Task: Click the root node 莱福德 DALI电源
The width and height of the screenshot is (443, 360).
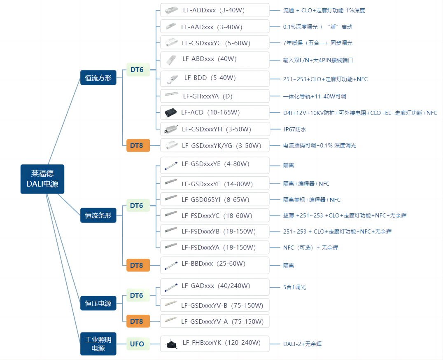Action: (42, 179)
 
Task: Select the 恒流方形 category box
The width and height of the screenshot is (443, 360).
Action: (98, 77)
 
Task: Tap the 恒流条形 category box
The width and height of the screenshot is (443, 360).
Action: (98, 215)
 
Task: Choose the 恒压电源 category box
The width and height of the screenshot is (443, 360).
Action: (98, 303)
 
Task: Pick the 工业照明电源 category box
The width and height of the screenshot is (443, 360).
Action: (98, 344)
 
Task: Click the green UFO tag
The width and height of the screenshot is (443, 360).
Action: (137, 344)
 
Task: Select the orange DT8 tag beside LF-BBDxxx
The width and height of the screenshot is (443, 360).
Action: (138, 265)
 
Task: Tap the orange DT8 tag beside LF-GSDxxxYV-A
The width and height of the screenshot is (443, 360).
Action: (138, 321)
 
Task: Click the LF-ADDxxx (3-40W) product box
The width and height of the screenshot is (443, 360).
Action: (215, 10)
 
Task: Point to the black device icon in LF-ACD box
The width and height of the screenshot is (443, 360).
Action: (170, 112)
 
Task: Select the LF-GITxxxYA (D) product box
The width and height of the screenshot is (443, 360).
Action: (215, 96)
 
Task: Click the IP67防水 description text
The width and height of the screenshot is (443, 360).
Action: (294, 129)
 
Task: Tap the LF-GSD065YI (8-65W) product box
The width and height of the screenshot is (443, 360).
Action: (215, 200)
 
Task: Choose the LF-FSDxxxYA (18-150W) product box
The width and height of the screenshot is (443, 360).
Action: (215, 248)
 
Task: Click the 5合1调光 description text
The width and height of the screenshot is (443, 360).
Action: (294, 287)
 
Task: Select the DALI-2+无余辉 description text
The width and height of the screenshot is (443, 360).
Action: (302, 344)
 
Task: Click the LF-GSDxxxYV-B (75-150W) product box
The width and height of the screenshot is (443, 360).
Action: (215, 305)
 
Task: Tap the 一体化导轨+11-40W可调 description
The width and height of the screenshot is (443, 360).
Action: (314, 96)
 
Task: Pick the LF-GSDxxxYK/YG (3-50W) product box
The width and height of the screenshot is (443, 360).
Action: (215, 145)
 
